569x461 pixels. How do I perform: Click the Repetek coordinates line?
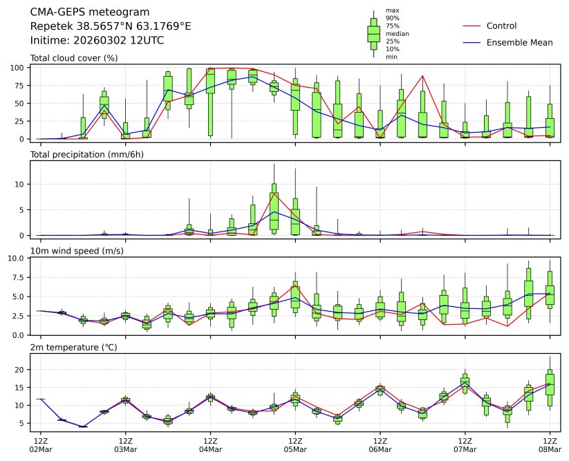(x=111, y=26)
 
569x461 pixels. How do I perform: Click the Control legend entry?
(x=501, y=26)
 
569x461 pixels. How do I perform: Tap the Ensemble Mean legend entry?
(x=519, y=43)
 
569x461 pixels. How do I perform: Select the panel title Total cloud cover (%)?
(x=74, y=57)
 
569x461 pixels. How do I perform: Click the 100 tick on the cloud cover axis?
(x=19, y=68)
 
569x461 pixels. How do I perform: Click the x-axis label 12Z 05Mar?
(x=295, y=444)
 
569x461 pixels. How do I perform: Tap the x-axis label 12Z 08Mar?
(x=550, y=444)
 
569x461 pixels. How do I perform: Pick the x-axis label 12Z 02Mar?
(x=40, y=444)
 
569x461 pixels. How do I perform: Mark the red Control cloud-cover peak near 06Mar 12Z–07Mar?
(x=422, y=76)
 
